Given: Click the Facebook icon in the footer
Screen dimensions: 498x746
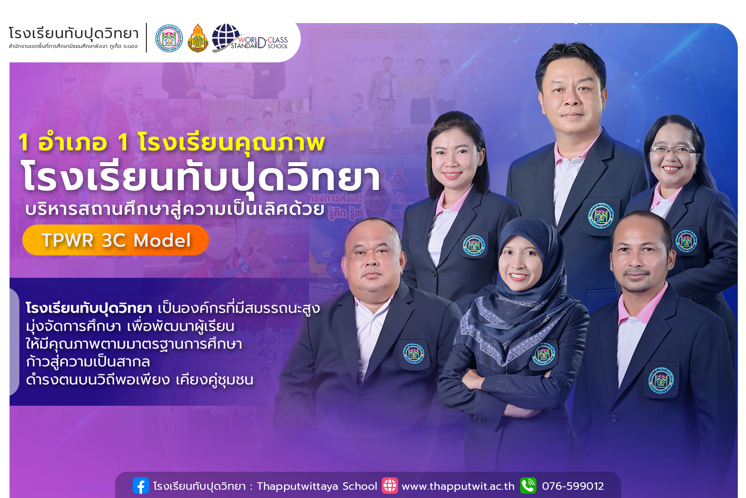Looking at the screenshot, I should [141, 486].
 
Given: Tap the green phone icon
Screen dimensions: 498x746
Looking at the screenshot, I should [528, 486].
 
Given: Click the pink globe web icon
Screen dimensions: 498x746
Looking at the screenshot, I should [390, 486].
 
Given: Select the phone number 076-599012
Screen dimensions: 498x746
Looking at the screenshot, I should [573, 486].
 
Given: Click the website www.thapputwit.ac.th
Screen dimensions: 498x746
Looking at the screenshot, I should [458, 486].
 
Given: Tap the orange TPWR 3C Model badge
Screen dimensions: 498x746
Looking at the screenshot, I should [115, 240].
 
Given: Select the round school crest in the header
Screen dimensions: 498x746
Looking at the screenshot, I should [169, 38].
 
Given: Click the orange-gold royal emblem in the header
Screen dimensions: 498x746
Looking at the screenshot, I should [198, 39].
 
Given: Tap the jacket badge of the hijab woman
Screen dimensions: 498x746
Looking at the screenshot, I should [543, 355].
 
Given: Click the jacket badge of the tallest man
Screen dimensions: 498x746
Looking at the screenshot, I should [601, 215].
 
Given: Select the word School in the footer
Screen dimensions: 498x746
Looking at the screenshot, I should [360, 486].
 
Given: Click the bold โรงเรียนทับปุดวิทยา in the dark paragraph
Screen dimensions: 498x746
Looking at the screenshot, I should [89, 308].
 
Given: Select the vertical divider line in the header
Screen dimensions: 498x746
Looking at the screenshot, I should [146, 38].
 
